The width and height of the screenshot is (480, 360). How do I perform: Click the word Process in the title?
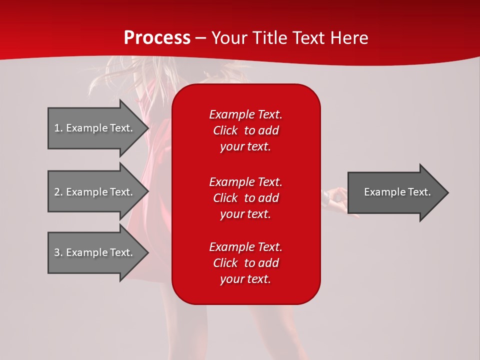[157, 37]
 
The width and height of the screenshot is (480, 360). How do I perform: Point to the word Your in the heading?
[230, 37]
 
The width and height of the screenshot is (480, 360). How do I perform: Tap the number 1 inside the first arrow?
[57, 128]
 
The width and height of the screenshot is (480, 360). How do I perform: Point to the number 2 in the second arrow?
[57, 192]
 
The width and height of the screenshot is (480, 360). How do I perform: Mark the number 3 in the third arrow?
[57, 252]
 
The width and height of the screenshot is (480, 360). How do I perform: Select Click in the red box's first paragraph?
[225, 130]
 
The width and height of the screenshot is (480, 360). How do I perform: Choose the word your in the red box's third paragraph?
[230, 279]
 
